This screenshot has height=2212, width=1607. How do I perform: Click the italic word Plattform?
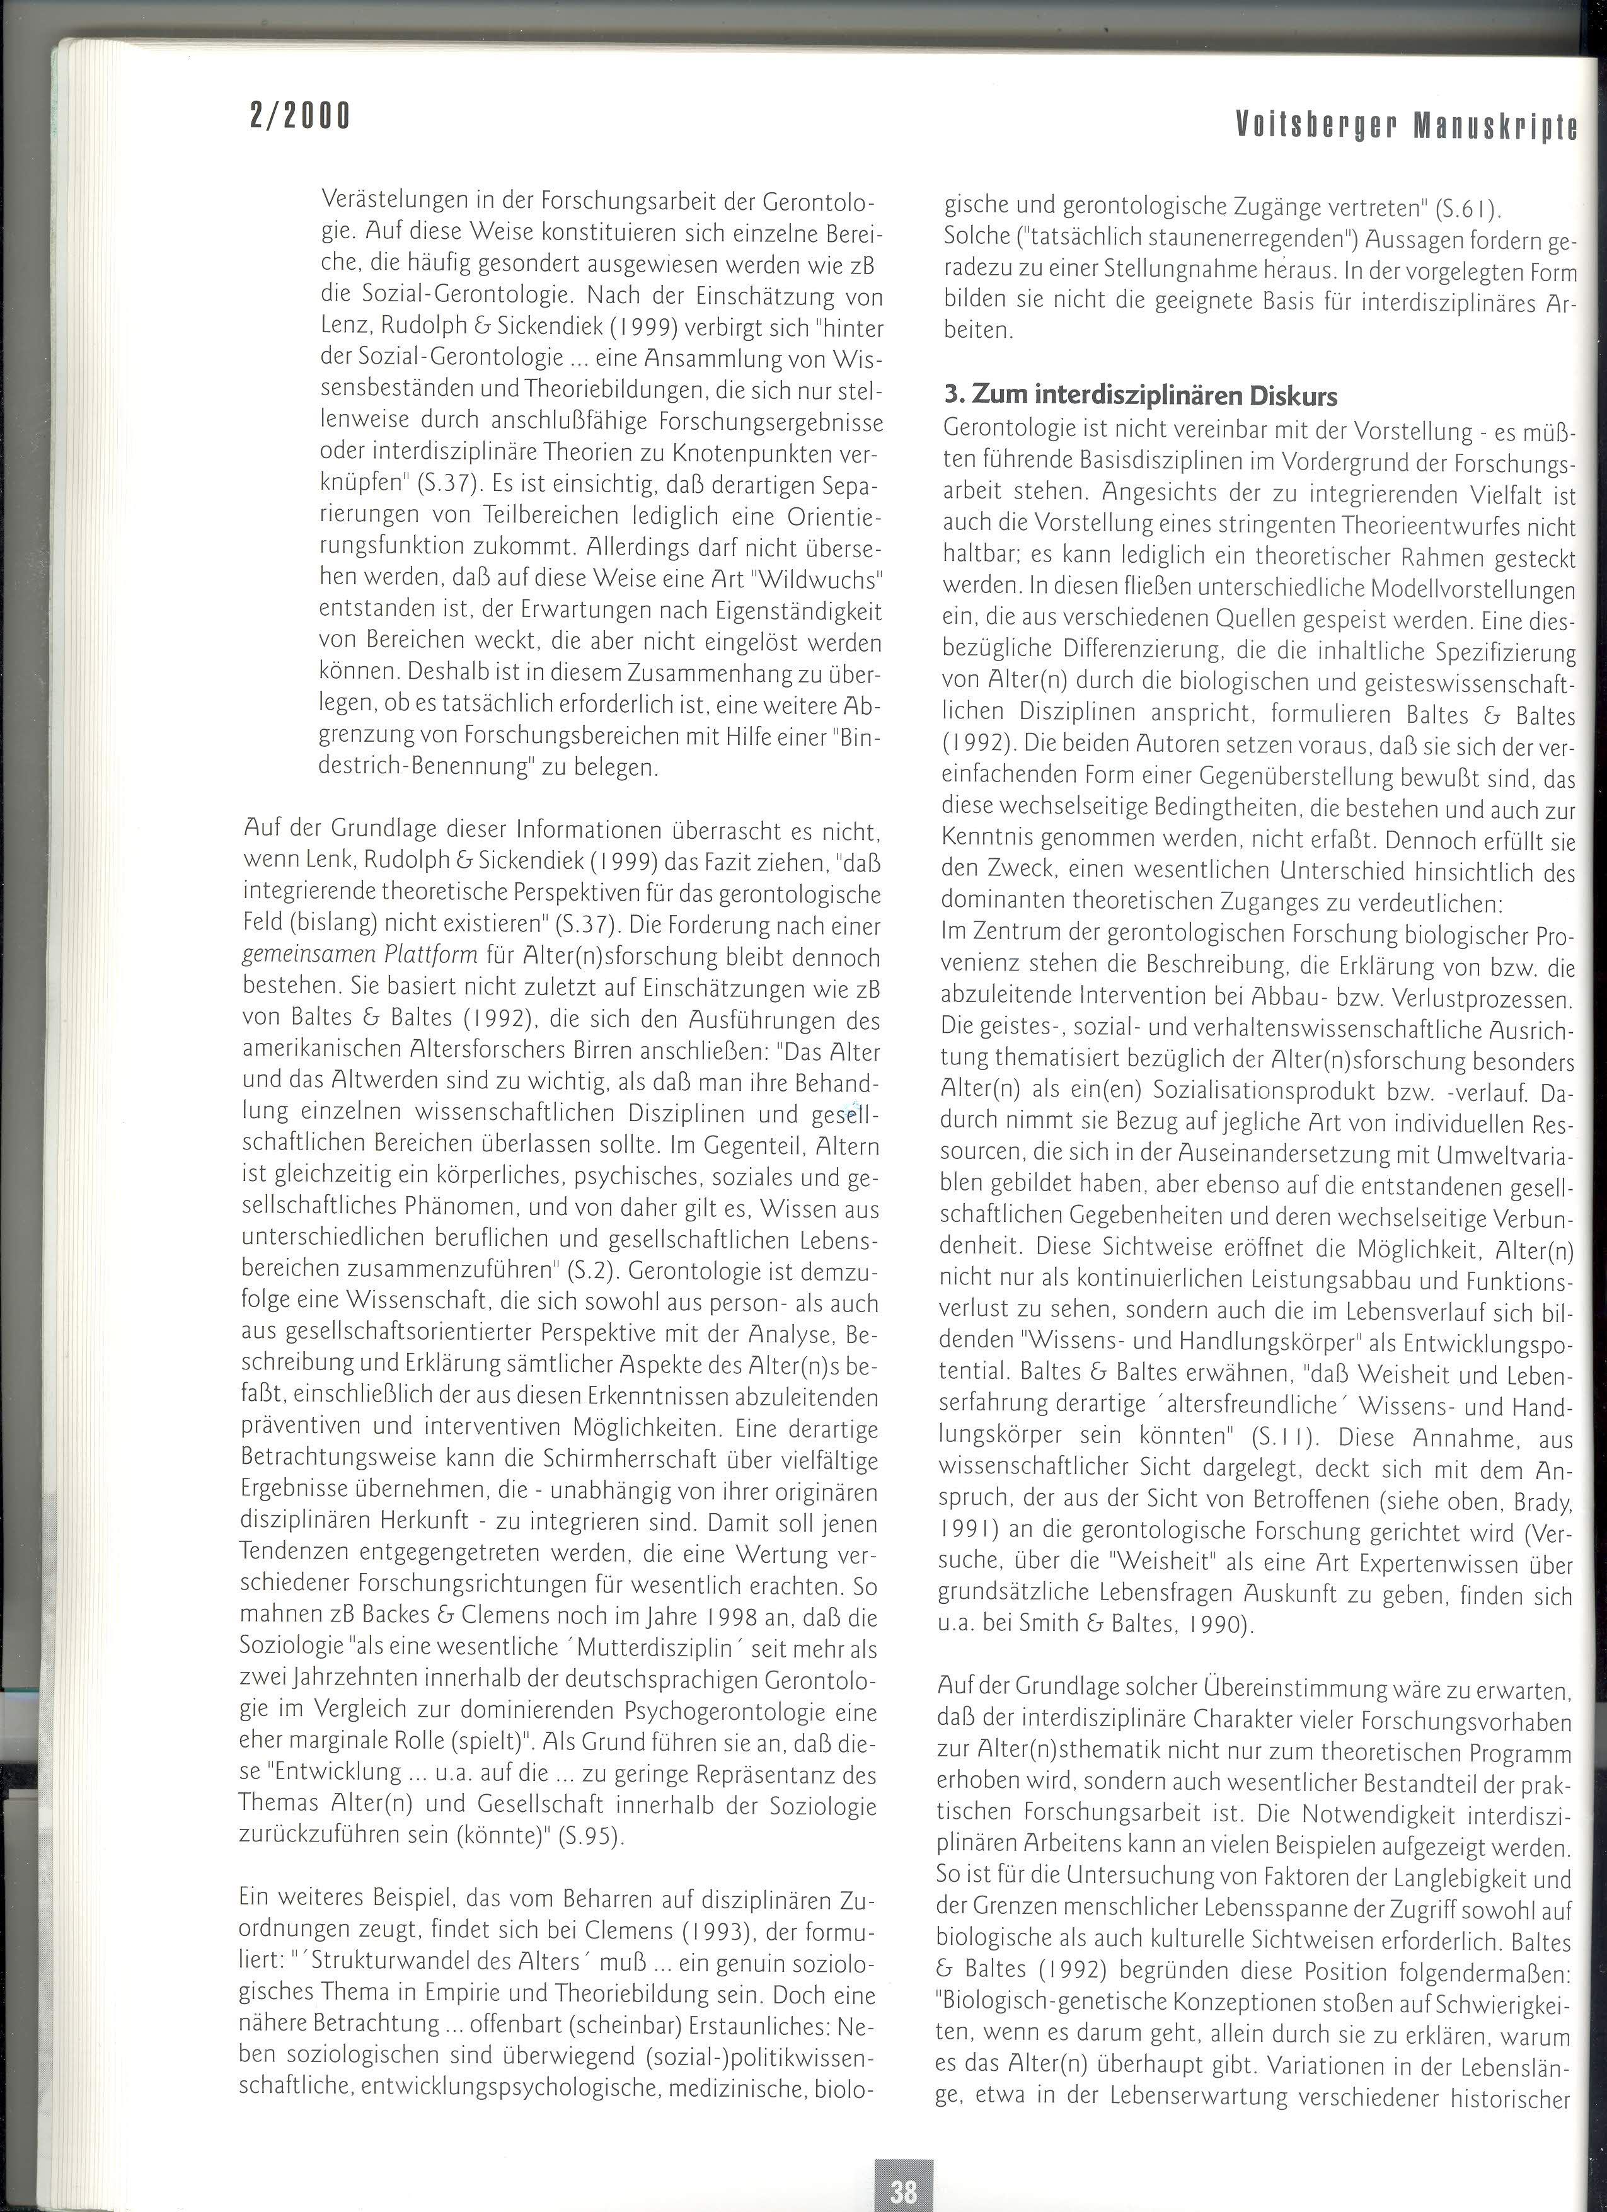point(432,956)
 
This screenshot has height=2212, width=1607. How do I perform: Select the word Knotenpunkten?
point(768,454)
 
